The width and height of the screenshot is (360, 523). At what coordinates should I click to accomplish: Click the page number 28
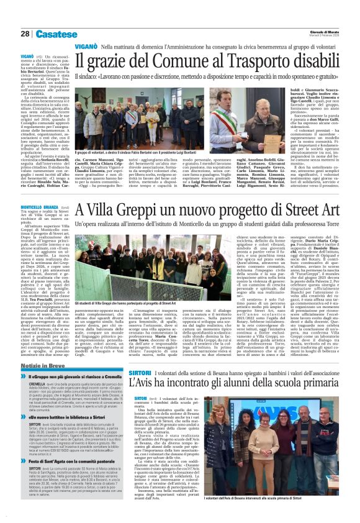click(25, 34)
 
